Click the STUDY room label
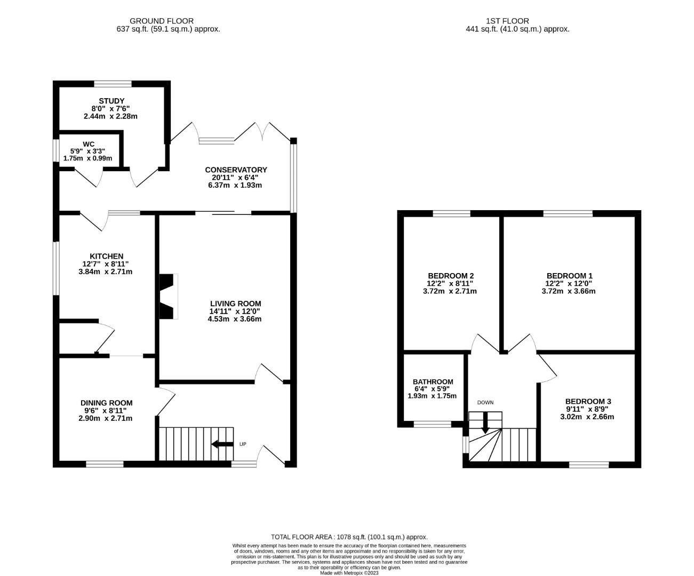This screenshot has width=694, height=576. [x=111, y=101]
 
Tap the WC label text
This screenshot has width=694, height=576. [x=89, y=144]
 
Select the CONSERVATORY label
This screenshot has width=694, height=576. [x=236, y=170]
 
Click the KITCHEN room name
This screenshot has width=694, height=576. [x=106, y=256]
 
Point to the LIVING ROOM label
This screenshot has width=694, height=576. [x=235, y=303]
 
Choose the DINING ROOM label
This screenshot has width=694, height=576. [x=106, y=403]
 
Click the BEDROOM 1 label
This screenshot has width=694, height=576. [x=569, y=276]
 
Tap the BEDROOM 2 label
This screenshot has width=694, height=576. [x=451, y=276]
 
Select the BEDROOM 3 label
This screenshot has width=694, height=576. [x=588, y=401]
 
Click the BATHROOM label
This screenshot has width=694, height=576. [x=433, y=382]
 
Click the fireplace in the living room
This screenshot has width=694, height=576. [x=168, y=297]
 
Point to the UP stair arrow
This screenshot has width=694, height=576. [x=222, y=444]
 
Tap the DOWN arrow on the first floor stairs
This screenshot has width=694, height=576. [x=485, y=422]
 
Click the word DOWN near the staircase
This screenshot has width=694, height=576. [x=485, y=403]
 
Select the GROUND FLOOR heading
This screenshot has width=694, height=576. [x=162, y=21]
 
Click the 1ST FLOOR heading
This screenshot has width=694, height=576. [x=507, y=21]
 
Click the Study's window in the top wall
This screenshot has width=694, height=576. [x=113, y=84]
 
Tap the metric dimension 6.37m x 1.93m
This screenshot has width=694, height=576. [x=235, y=185]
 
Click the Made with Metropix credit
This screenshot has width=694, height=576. [x=349, y=573]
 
